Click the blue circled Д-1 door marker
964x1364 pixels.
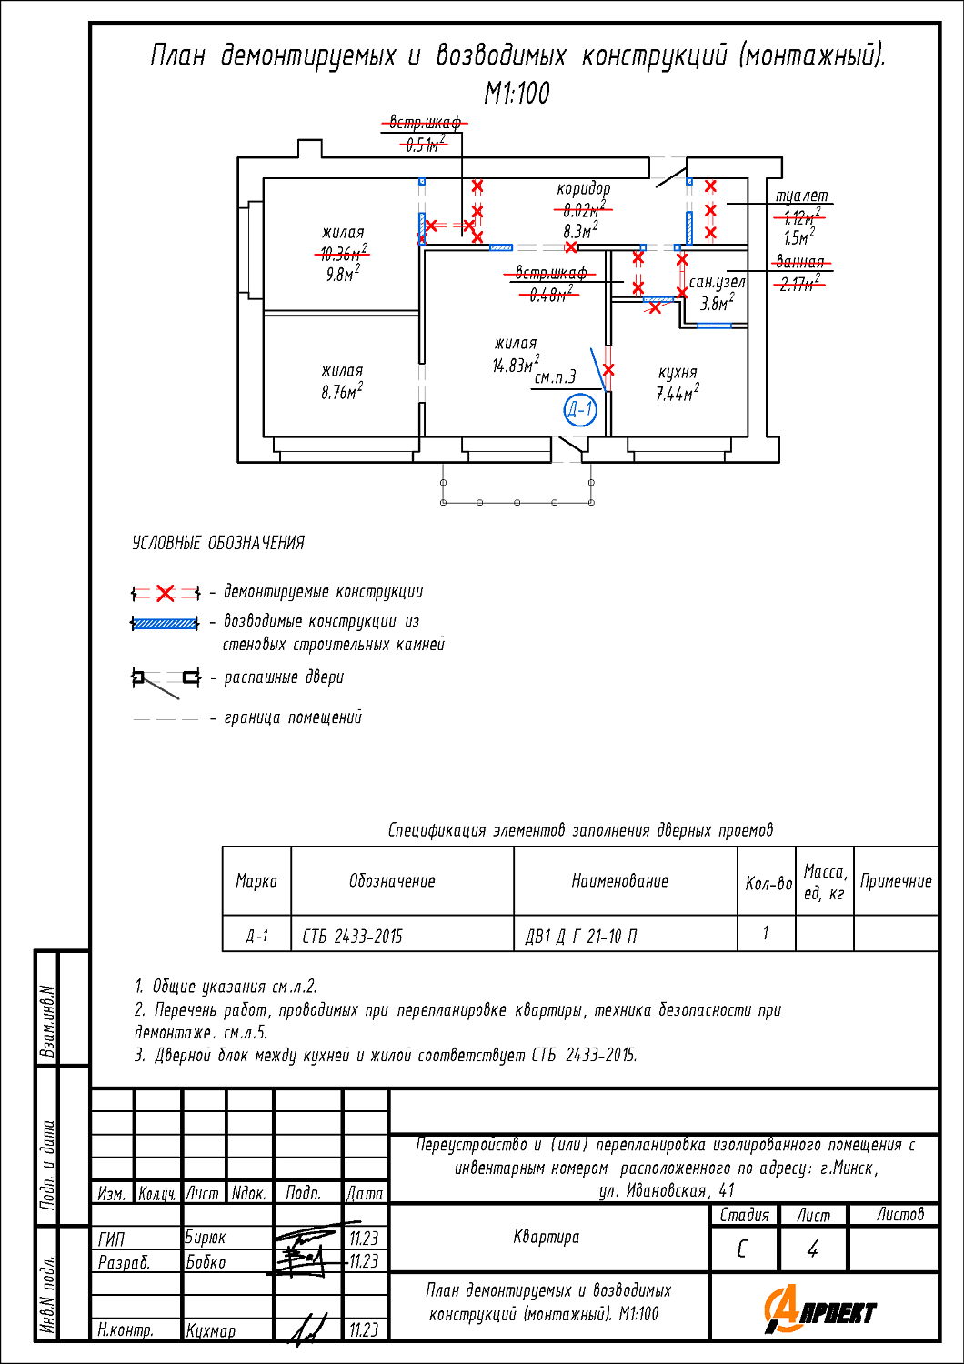(579, 410)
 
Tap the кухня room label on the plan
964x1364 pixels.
(678, 373)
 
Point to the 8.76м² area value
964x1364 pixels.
(342, 392)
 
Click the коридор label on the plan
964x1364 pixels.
(584, 189)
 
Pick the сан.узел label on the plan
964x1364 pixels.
(717, 283)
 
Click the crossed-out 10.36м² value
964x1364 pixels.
(342, 254)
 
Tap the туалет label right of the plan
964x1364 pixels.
(801, 196)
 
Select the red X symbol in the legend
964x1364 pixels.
(165, 594)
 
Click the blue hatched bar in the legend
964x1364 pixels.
(165, 624)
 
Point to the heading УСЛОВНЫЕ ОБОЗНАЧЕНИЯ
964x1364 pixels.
(218, 543)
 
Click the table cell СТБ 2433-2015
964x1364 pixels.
(352, 936)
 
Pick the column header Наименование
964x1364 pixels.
(619, 880)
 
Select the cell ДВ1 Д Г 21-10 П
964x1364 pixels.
(581, 936)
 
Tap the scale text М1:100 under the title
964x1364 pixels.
(517, 93)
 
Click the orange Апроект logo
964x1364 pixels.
(820, 1310)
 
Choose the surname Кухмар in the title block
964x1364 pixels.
(210, 1330)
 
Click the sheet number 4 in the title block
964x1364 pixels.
(812, 1249)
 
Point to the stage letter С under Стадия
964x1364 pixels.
(742, 1249)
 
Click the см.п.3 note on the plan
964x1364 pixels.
(555, 377)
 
